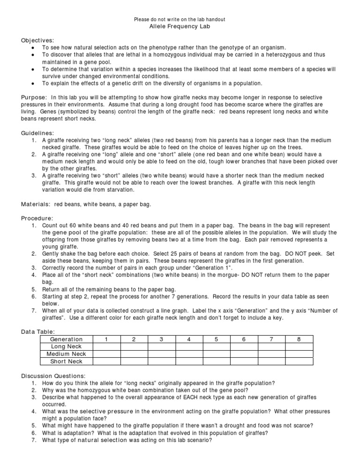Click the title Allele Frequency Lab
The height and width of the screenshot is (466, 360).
tap(180, 27)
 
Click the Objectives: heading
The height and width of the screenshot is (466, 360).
tap(37, 40)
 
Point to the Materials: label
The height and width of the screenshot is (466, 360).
tap(37, 204)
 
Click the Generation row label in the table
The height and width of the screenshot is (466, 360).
tap(66, 339)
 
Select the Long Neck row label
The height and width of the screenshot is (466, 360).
tap(66, 346)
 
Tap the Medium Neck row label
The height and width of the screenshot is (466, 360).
tap(66, 354)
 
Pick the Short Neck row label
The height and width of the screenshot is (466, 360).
tap(66, 361)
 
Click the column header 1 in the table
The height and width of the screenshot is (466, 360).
tap(106, 339)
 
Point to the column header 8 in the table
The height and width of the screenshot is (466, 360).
tap(299, 339)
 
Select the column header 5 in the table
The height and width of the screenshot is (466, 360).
tap(216, 339)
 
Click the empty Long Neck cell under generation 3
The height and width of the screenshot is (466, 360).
tap(161, 346)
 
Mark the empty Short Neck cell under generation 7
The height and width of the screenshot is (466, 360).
tap(271, 361)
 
